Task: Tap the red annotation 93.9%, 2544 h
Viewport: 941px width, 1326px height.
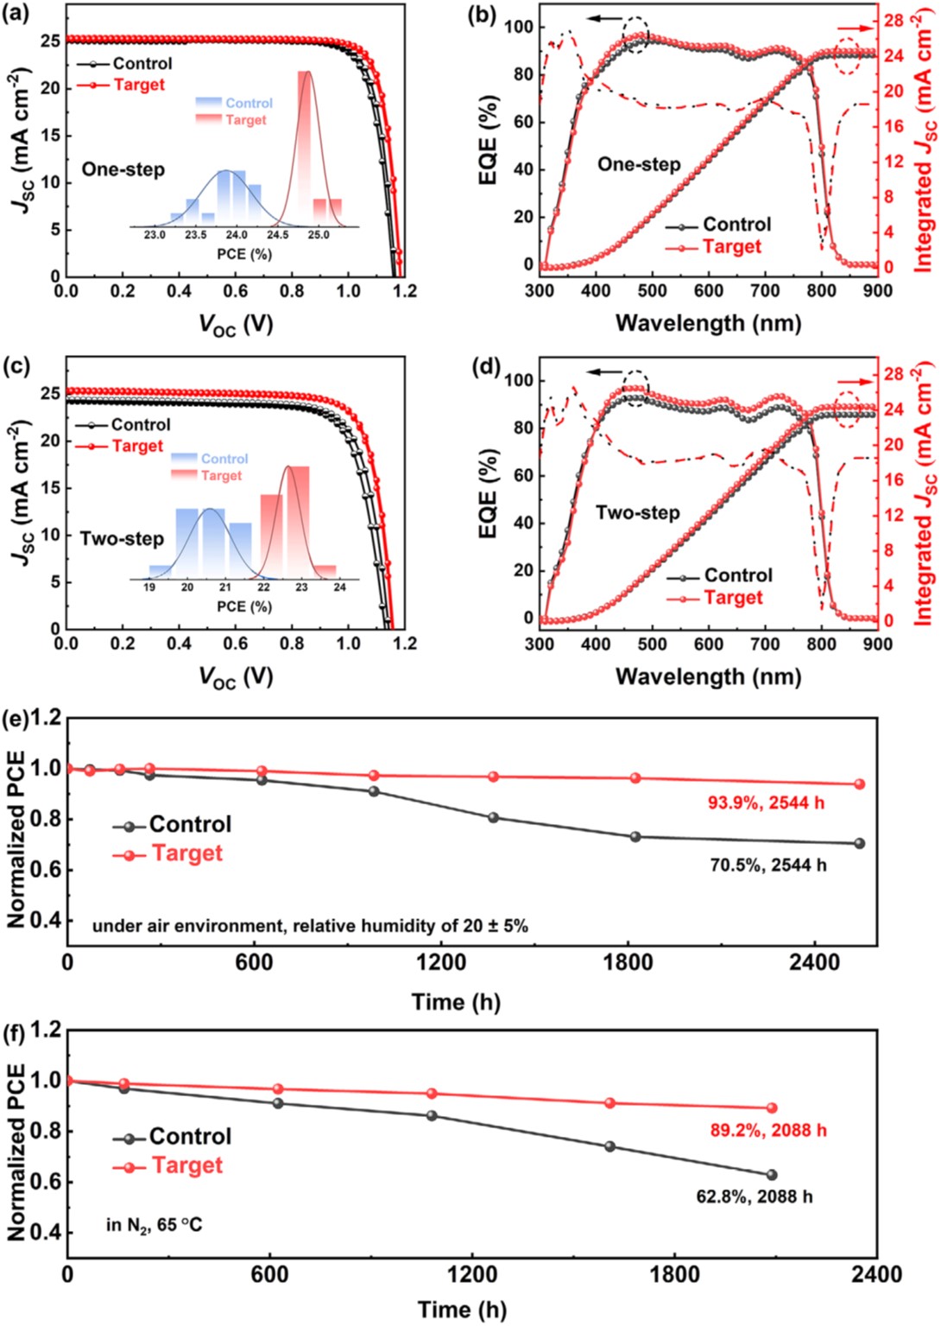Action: coord(766,803)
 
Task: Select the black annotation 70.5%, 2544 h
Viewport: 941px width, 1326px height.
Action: coord(767,865)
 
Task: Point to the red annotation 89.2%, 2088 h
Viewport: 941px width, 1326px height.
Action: coord(768,1130)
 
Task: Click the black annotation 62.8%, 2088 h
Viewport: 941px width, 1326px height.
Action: coord(754,1196)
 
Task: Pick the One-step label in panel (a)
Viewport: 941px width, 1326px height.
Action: coord(123,169)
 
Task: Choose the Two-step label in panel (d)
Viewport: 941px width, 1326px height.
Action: coord(637,513)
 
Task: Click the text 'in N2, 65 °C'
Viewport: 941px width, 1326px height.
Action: coord(154,1225)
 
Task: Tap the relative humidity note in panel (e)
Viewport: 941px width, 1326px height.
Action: coord(310,926)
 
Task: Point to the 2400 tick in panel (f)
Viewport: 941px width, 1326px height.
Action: coord(876,1274)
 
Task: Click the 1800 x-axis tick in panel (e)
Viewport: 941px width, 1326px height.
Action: coord(628,962)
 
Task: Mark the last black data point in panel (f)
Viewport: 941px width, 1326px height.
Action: coord(771,1175)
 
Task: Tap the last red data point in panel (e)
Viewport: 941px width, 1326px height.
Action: coord(859,784)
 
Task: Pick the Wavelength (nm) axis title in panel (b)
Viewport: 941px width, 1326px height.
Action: coord(708,323)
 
